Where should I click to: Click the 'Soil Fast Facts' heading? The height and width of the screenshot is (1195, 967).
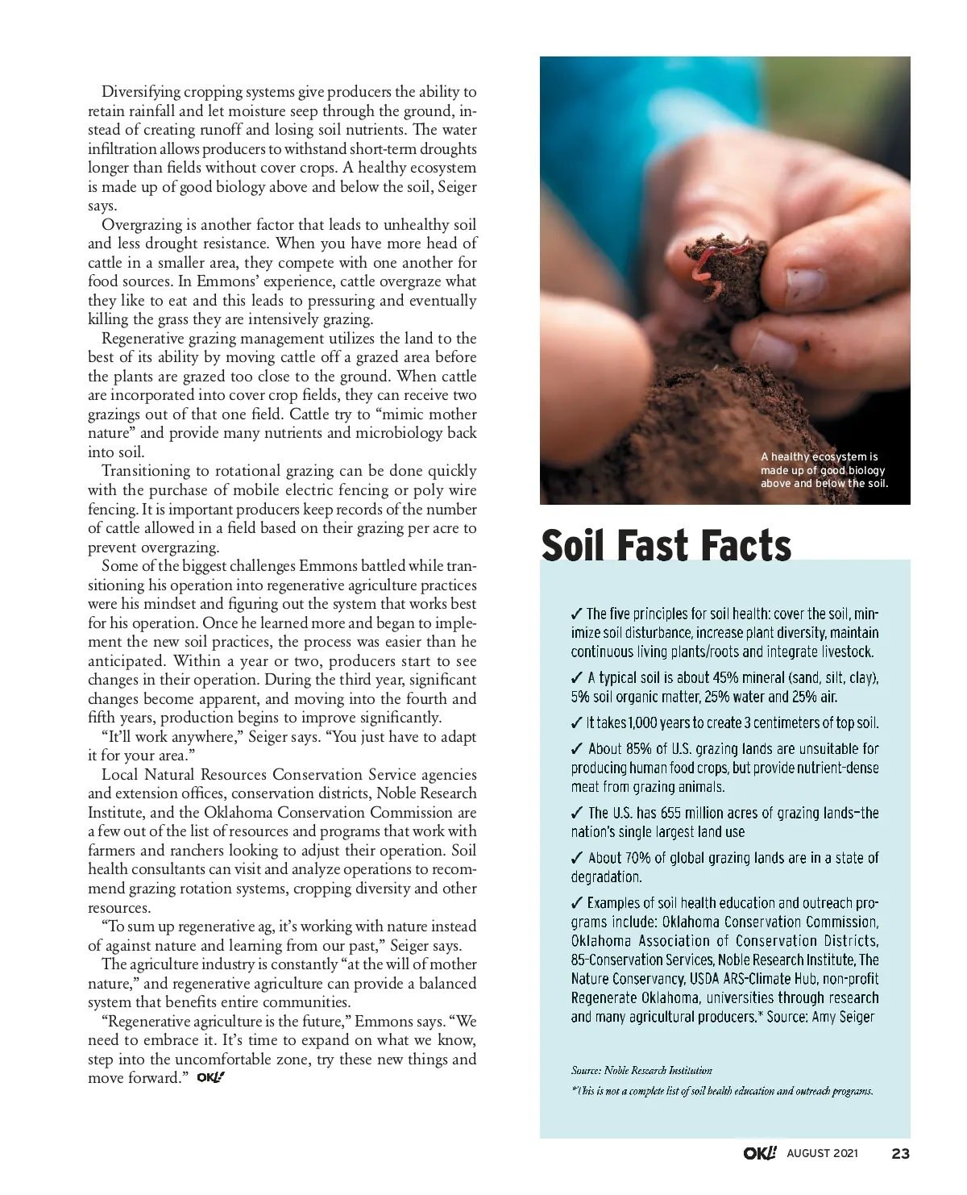(666, 545)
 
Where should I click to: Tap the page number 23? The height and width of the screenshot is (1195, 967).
(900, 1153)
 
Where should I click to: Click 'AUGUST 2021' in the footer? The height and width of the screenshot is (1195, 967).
(822, 1153)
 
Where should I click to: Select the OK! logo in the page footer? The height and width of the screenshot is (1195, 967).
(760, 1153)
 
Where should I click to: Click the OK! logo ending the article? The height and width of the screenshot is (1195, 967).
(210, 1077)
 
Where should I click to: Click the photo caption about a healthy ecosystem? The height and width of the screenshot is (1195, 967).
(823, 470)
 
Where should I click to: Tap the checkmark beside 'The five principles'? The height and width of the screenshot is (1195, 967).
(577, 614)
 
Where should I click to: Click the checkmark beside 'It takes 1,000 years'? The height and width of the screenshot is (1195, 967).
(577, 722)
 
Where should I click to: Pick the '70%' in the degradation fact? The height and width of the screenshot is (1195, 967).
(637, 858)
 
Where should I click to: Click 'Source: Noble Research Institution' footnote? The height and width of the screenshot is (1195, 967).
(641, 1070)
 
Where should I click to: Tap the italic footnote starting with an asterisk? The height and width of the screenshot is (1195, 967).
(722, 1091)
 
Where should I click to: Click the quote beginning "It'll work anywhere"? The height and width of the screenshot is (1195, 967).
(282, 737)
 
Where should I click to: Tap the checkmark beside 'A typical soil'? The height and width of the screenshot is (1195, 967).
(577, 677)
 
